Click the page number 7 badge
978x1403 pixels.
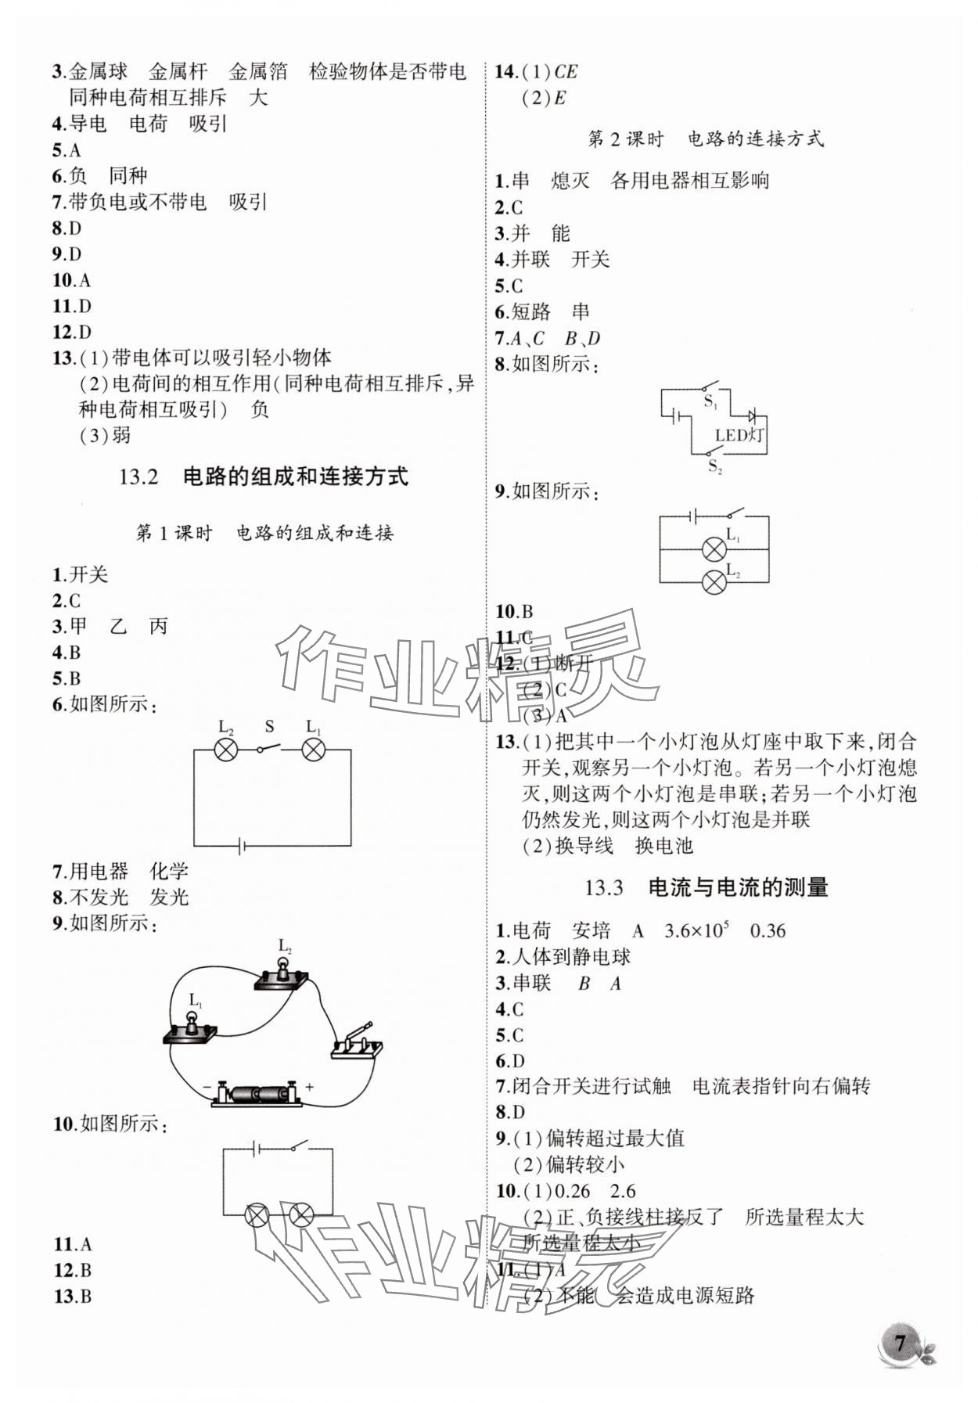(x=901, y=1344)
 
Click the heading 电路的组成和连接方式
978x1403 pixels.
(x=295, y=477)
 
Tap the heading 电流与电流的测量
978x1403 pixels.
(x=738, y=887)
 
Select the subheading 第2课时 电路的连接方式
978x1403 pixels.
(x=705, y=139)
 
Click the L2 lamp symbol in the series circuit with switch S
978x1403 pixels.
(x=226, y=750)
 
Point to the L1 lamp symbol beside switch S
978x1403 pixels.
(x=314, y=750)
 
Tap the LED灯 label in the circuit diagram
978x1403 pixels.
(x=739, y=435)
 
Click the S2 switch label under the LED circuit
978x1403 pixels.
(x=714, y=467)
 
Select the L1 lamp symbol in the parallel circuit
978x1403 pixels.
(x=714, y=549)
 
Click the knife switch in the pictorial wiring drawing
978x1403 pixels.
(x=357, y=1041)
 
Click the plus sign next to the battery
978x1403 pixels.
(x=310, y=1086)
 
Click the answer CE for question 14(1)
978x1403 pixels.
(x=566, y=72)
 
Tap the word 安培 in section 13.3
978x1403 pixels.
(x=591, y=930)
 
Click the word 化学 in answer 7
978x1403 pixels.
(x=169, y=871)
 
